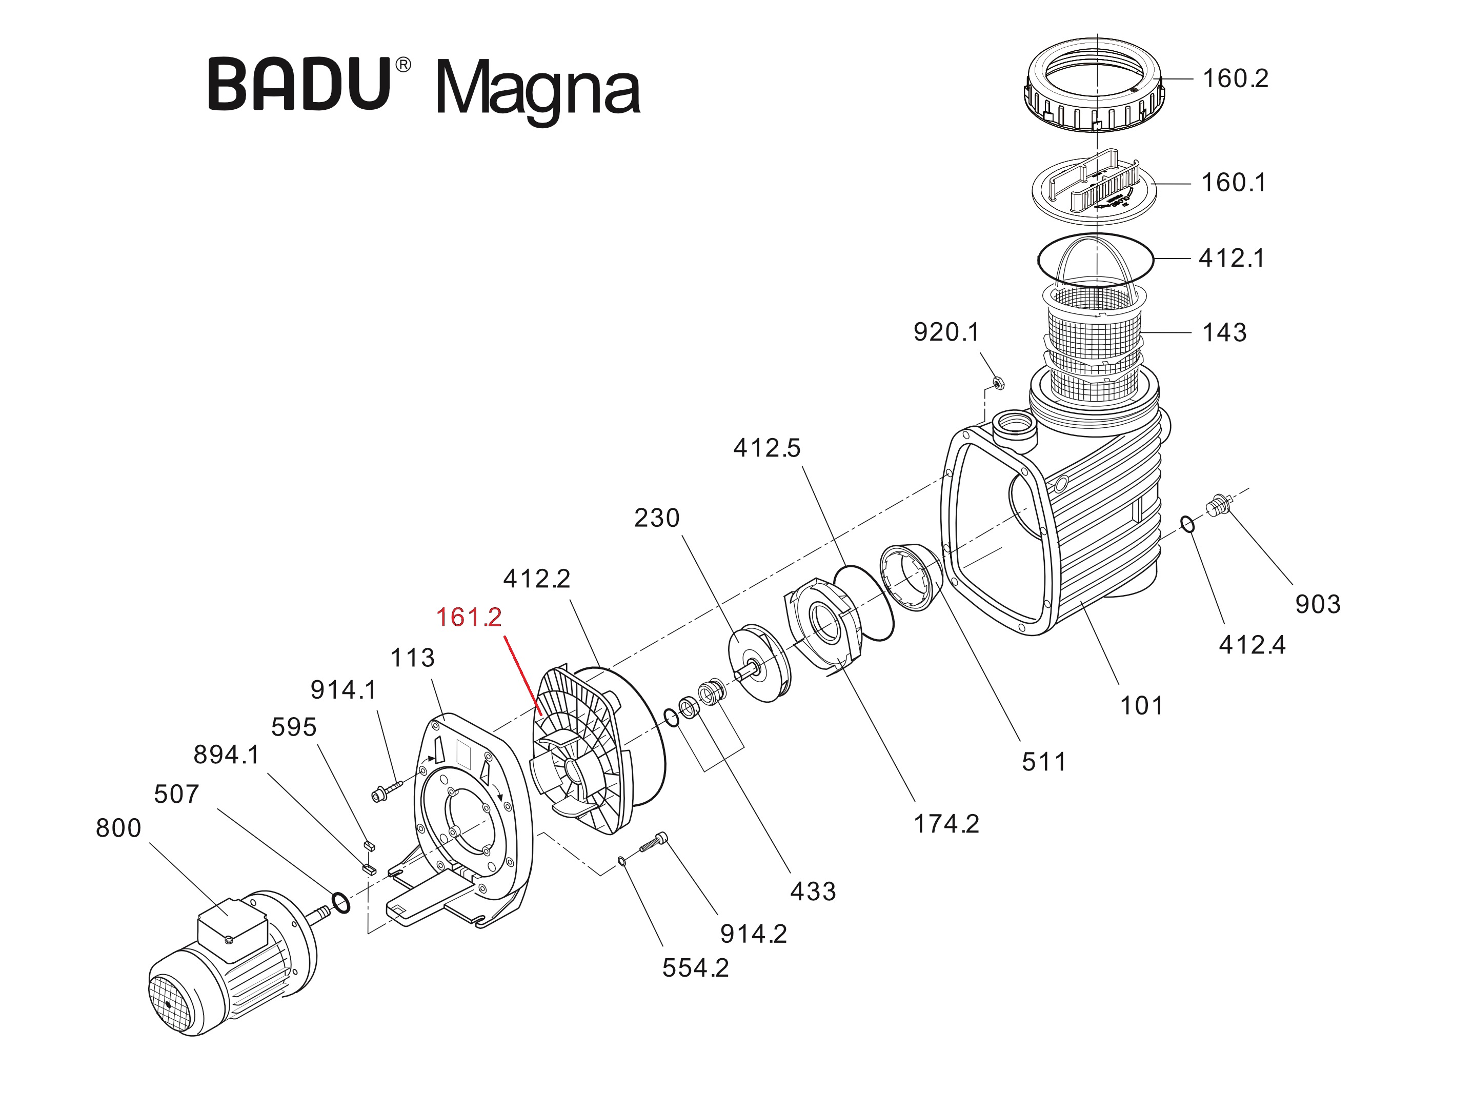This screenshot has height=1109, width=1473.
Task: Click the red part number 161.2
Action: [469, 618]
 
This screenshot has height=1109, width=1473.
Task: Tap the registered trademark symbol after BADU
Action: [403, 65]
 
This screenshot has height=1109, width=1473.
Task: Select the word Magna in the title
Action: [537, 89]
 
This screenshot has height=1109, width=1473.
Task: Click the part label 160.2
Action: [1235, 78]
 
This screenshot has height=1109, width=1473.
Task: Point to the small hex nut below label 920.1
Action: [998, 383]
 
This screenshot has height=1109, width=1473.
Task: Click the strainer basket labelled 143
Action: [1095, 340]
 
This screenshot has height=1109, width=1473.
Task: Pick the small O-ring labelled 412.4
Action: [1188, 524]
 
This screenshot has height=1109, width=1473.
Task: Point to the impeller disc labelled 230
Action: [759, 663]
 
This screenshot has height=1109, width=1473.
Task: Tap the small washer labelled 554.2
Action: [622, 861]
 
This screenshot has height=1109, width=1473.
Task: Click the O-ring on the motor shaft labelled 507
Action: [340, 903]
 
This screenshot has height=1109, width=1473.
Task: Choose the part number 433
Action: [813, 891]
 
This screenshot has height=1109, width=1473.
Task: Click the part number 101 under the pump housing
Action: [1141, 705]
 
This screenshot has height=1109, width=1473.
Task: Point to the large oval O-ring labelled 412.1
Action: [1096, 260]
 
